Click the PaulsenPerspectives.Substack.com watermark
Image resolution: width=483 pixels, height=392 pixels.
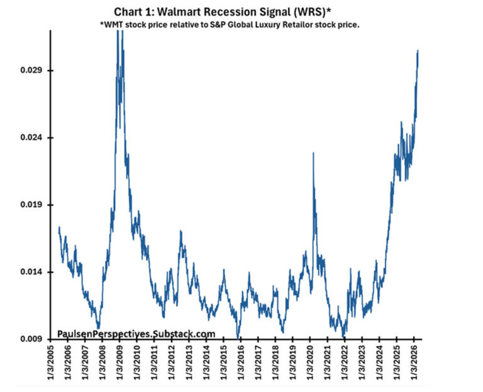pyautogui.click(x=136, y=333)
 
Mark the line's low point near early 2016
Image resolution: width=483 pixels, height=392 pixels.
pyautogui.click(x=238, y=337)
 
